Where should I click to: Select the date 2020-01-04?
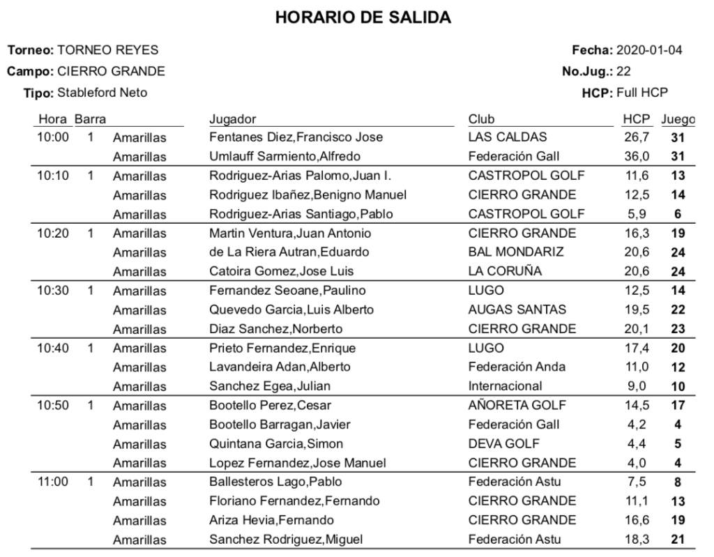pos(650,50)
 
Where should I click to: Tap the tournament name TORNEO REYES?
pos(107,50)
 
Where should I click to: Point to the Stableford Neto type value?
pos(102,92)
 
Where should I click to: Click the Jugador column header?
pos(232,119)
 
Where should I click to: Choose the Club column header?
pos(481,119)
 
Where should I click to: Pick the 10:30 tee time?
pos(53,290)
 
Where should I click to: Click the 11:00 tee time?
pos(53,481)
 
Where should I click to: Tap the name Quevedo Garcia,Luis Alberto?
pos(291,310)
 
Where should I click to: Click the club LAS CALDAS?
pos(508,137)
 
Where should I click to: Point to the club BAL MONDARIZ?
pos(515,252)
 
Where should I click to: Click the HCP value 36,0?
pos(637,156)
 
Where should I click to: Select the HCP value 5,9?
pos(639,214)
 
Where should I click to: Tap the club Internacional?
pos(505,386)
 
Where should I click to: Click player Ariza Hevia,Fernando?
pos(271,519)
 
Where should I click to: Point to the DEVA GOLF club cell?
pos(503,443)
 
